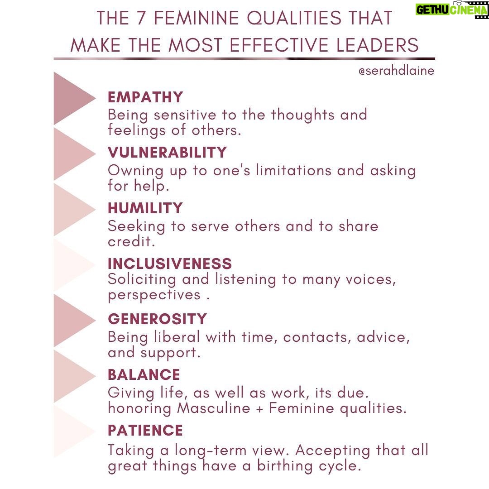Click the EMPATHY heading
pos(145,97)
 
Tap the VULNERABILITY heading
pos(167,153)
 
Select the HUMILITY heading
pos(145,208)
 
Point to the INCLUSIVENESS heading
pos(170,264)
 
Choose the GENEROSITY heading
pos(157,319)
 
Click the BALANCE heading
pos(144,374)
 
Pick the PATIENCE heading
pos(145,431)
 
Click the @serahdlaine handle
pos(396,71)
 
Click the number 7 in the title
pos(141,18)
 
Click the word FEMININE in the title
pos(197,18)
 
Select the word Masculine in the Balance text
pos(214,408)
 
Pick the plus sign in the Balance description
pos(259,409)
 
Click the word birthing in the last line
pos(285,466)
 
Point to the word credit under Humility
pos(131,241)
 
